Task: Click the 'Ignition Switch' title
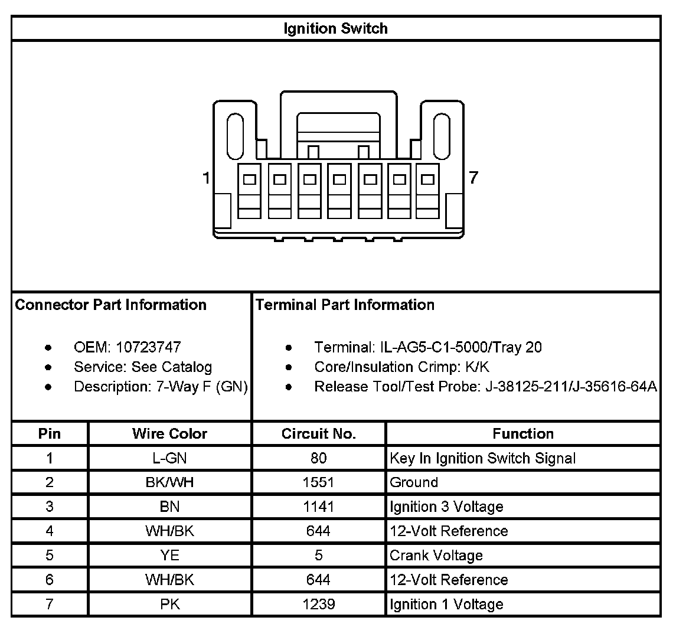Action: click(335, 28)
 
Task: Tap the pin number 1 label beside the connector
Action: click(205, 177)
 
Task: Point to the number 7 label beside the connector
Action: click(473, 177)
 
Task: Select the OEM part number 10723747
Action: click(148, 347)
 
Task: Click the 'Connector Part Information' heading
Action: click(110, 305)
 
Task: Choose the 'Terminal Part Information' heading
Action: click(345, 305)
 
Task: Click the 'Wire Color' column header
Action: click(169, 434)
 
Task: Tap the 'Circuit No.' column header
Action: click(318, 434)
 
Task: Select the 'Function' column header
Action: click(523, 434)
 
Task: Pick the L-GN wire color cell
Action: click(169, 458)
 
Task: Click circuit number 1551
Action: click(318, 482)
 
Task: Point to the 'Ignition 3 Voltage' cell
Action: click(446, 507)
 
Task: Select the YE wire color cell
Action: click(169, 556)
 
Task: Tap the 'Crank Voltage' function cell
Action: click(436, 556)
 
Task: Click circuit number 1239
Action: click(318, 604)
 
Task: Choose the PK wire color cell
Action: click(169, 604)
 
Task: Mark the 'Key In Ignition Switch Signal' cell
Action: click(482, 458)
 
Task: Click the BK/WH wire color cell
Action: click(169, 482)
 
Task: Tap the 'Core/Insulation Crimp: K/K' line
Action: click(401, 367)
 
